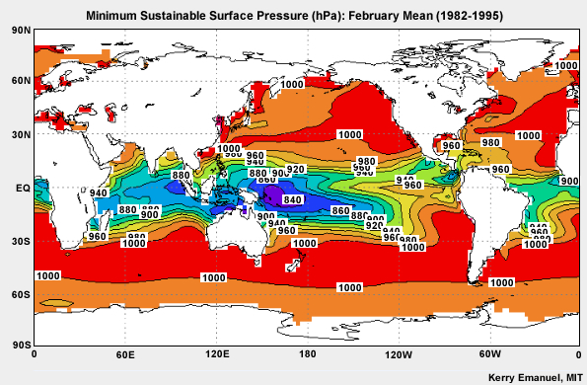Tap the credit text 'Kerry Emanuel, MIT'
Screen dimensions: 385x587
(535, 377)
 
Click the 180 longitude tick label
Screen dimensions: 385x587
(307, 353)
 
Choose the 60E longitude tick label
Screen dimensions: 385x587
(125, 353)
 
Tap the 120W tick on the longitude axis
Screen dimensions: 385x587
(398, 353)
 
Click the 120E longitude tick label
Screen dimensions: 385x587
(216, 353)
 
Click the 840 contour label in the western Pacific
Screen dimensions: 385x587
(292, 200)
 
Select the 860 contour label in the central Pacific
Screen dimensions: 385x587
(340, 211)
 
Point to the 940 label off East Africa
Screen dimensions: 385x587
(99, 192)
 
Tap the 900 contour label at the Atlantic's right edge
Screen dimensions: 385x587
(569, 182)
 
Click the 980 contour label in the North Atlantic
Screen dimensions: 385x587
(490, 143)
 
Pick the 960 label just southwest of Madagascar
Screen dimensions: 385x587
(97, 237)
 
